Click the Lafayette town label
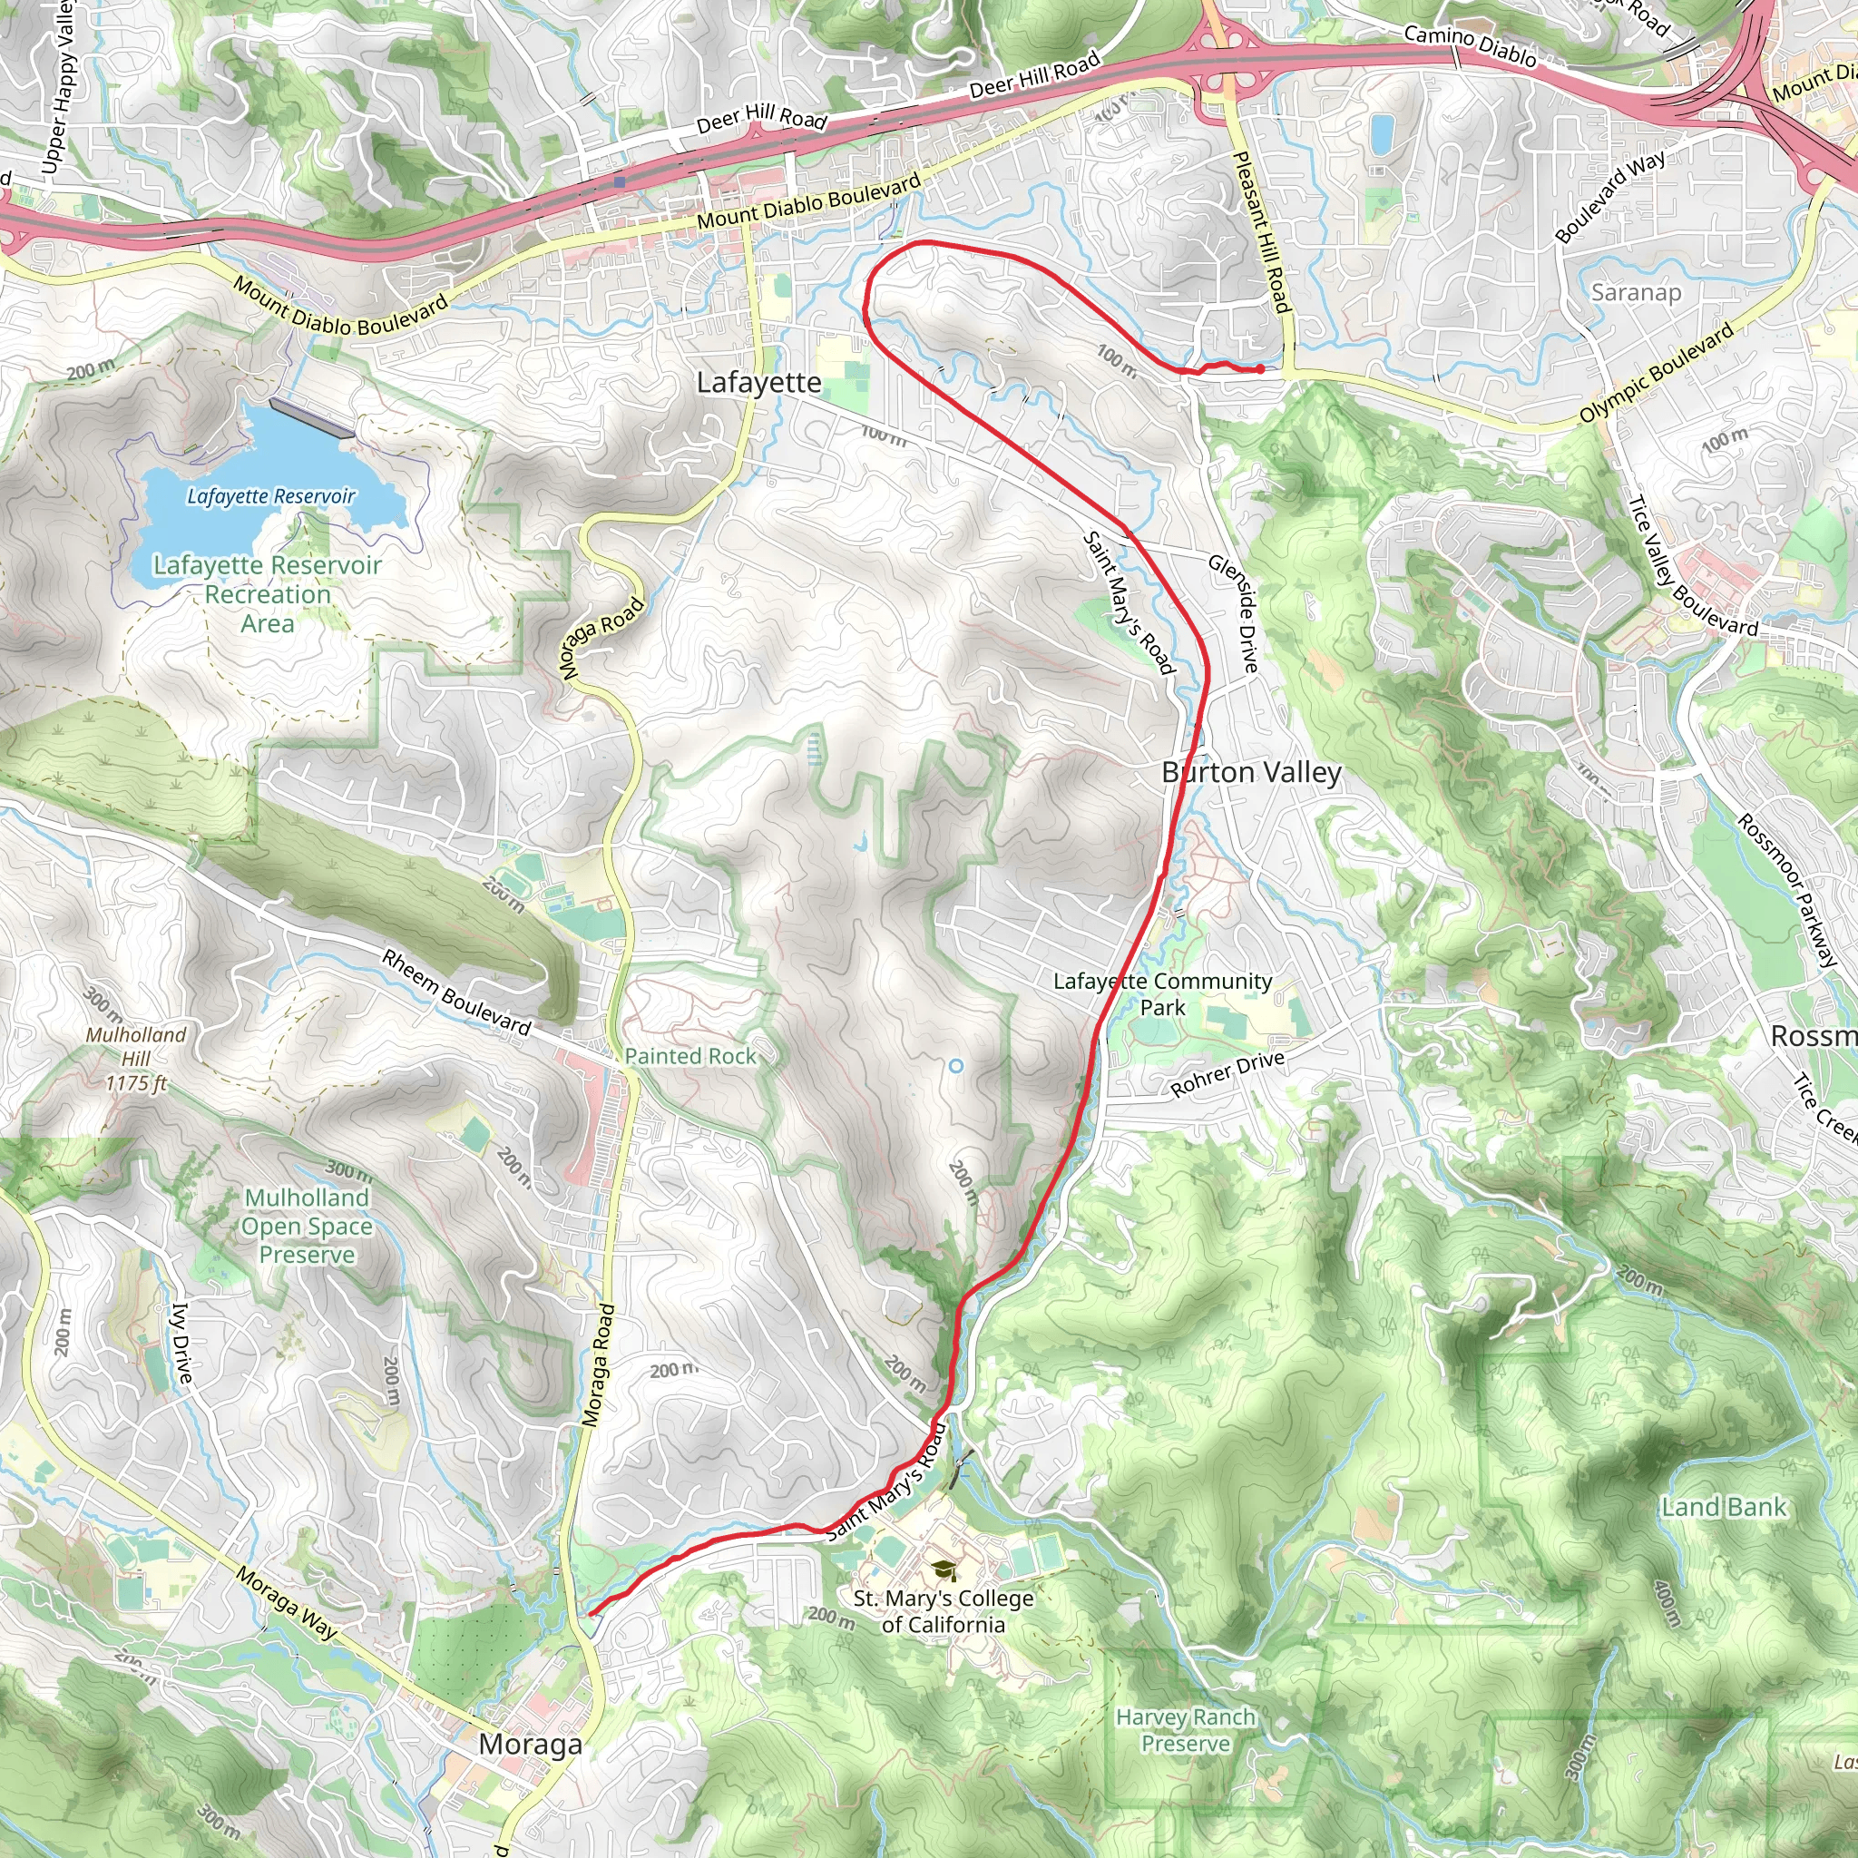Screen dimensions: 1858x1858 tap(758, 383)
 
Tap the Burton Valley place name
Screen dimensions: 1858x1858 tap(1250, 772)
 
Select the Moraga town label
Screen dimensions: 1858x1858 tap(530, 1744)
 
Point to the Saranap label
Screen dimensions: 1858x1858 tap(1636, 292)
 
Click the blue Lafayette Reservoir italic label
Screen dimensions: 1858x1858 tap(271, 496)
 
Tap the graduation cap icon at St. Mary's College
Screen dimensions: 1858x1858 tap(944, 1570)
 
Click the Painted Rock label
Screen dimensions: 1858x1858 tap(690, 1056)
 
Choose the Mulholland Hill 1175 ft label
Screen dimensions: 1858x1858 tap(135, 1059)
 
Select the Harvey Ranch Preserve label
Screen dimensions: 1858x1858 tap(1186, 1730)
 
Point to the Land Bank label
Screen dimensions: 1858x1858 tap(1724, 1507)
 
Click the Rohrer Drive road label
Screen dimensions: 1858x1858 tap(1227, 1074)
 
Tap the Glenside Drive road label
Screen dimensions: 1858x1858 tap(1234, 612)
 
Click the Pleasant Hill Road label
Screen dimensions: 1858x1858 tap(1261, 231)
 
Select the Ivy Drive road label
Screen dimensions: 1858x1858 tap(181, 1343)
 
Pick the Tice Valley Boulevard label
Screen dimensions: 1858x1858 tap(1692, 567)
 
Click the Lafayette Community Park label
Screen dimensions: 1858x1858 tap(1163, 993)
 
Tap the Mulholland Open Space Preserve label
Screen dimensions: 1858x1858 tap(307, 1227)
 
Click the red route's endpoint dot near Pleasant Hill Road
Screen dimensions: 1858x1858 tap(1260, 369)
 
